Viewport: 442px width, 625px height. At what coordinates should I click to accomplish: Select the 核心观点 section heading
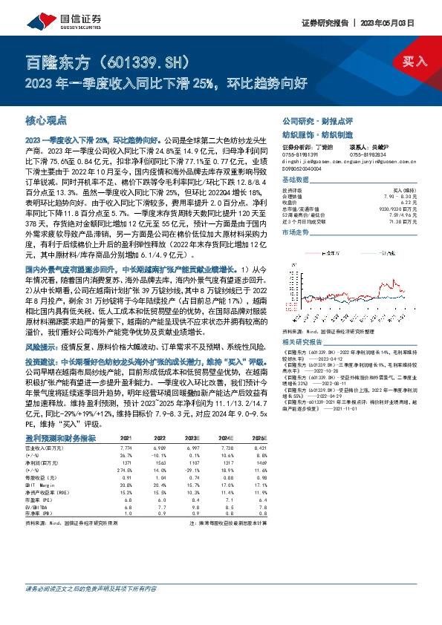46,119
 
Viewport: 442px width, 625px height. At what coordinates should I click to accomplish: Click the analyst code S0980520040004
304,168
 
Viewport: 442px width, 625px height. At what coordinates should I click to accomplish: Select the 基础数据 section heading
297,180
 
